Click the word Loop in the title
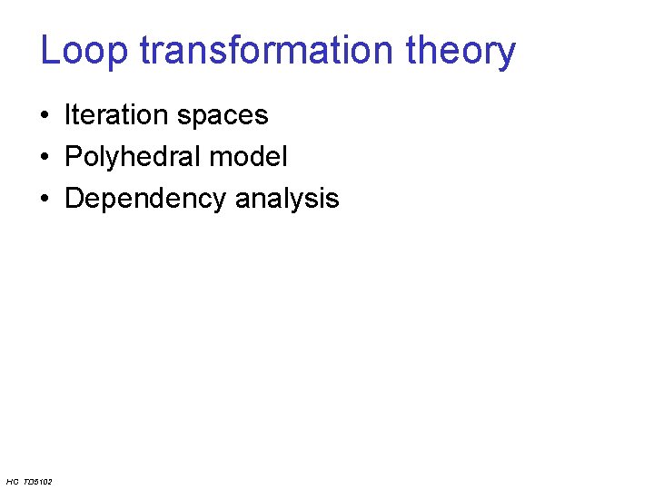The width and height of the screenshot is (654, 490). pyautogui.click(x=84, y=51)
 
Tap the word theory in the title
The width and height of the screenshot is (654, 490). pyautogui.click(x=461, y=53)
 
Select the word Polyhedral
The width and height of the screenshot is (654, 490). pyautogui.click(x=133, y=157)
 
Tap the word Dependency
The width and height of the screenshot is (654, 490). pyautogui.click(x=145, y=200)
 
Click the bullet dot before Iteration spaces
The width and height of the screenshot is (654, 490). pyautogui.click(x=45, y=116)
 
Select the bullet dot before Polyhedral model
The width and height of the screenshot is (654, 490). pyautogui.click(x=45, y=158)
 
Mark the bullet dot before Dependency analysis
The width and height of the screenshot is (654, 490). pyautogui.click(x=45, y=200)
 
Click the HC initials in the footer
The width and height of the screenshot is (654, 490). pyautogui.click(x=12, y=481)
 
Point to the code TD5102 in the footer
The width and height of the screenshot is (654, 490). pyautogui.click(x=37, y=481)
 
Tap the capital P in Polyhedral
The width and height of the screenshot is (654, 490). pyautogui.click(x=74, y=157)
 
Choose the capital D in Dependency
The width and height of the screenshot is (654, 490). pyautogui.click(x=74, y=199)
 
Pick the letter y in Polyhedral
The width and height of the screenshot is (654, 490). pyautogui.click(x=104, y=160)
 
